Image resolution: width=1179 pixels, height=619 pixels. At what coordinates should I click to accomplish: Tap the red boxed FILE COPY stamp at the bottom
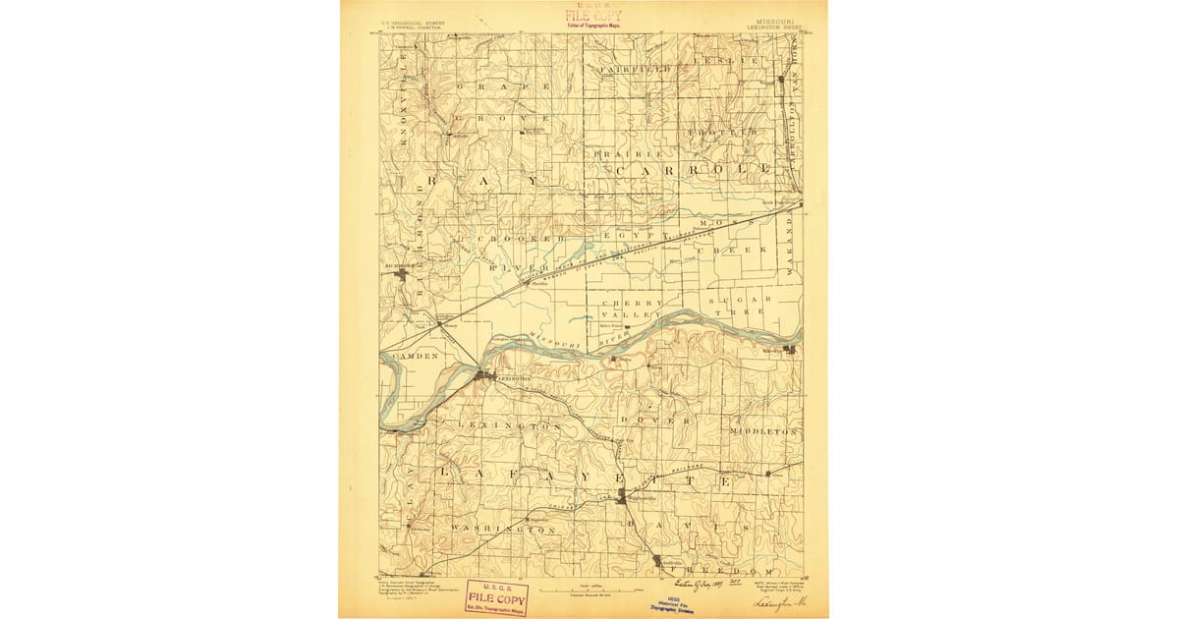(496, 597)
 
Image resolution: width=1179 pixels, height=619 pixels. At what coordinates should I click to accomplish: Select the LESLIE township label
(727, 61)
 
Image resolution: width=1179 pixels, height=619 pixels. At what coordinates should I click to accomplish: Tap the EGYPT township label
(629, 238)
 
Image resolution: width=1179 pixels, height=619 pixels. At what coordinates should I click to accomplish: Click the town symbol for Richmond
(401, 274)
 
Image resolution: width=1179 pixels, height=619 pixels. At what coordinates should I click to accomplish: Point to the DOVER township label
(671, 421)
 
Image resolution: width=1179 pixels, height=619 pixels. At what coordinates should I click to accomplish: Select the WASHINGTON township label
(504, 530)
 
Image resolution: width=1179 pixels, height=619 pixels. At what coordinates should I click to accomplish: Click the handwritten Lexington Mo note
(780, 602)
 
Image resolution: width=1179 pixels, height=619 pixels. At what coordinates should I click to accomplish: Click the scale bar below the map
(589, 590)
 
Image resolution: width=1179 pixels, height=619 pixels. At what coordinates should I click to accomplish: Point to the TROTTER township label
(722, 132)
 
